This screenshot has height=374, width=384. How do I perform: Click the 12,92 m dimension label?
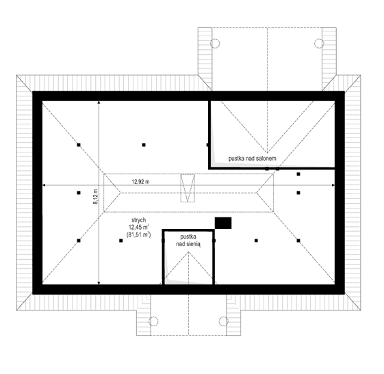[142, 182]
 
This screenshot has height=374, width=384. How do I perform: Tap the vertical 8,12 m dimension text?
[95, 200]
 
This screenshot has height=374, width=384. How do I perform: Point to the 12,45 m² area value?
[138, 228]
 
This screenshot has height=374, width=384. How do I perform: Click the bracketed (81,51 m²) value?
[138, 236]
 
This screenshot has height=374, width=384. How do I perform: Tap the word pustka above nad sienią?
[188, 237]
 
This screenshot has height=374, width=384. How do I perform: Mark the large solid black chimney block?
[223, 223]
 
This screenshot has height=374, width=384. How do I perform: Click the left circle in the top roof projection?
[214, 44]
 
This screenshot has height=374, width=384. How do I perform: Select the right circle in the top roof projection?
[318, 44]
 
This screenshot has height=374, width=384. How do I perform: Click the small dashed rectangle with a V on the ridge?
[188, 188]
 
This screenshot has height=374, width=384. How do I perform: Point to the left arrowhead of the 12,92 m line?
[44, 186]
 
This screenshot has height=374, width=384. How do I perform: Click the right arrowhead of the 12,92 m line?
[333, 186]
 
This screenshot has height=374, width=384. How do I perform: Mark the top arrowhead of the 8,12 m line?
[99, 102]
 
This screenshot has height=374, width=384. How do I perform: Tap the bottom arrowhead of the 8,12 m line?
[99, 283]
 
